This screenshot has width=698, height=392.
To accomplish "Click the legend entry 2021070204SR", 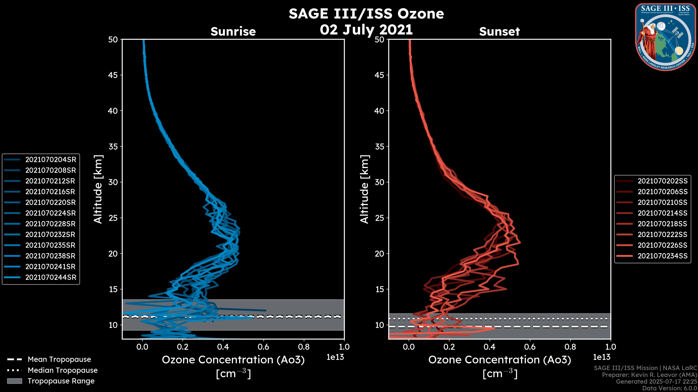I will coord(51,160).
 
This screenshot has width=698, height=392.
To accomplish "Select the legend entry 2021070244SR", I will coord(51,277).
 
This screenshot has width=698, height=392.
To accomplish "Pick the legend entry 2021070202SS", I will coord(662,181).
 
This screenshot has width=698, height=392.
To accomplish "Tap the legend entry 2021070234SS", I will coord(662,256).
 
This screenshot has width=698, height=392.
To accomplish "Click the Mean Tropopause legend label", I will coord(59,360).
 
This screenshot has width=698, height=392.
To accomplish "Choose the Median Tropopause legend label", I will coord(62,370).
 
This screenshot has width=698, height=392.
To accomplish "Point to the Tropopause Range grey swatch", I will coord(14,381).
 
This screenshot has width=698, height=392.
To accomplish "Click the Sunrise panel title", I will coord(233,32).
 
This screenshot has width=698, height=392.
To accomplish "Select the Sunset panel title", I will coord(499,32).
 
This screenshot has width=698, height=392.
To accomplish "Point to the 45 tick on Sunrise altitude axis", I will coord(113,75).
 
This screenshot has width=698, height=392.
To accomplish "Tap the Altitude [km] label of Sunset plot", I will coord(364,189).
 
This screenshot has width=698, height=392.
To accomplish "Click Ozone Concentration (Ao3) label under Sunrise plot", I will coord(233,360).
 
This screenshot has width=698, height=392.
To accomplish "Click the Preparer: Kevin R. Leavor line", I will coord(649,375).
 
